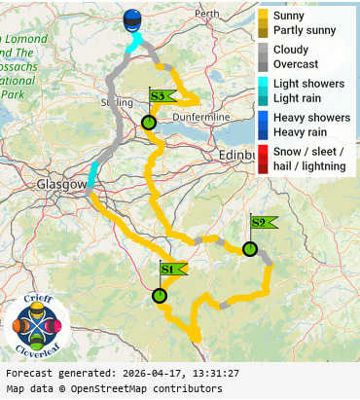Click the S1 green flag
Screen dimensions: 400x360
coord(170,269)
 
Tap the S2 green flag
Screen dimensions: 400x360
coord(261,223)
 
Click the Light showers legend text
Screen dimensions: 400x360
coord(308,84)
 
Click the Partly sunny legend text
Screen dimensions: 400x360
coord(305,30)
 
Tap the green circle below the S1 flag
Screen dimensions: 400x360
coord(160,296)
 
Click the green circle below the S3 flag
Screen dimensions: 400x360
coord(148,123)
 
